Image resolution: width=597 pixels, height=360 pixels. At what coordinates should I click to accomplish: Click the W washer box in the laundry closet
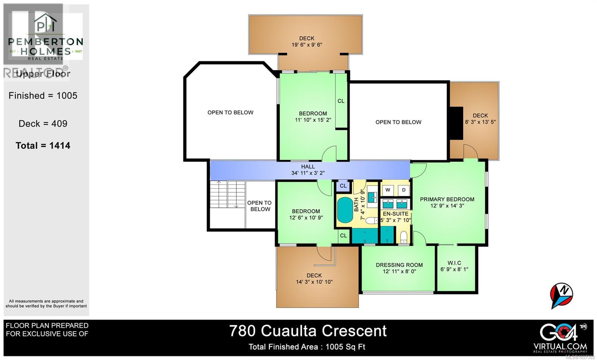point(388,190)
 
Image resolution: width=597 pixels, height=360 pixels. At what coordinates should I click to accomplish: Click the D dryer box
point(404,190)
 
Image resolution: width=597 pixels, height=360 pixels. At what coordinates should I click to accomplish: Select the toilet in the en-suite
point(403,237)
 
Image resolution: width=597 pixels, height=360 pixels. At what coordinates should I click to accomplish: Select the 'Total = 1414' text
point(43,145)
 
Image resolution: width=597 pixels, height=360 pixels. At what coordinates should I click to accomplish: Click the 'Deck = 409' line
point(43,123)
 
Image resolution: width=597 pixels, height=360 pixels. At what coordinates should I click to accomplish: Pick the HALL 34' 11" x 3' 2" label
point(308,170)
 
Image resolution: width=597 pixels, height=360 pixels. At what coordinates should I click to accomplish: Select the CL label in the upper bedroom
point(341,101)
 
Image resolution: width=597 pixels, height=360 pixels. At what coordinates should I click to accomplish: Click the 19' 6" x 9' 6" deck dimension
point(307,45)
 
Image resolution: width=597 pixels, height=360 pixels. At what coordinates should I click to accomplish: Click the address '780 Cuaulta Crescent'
point(308,331)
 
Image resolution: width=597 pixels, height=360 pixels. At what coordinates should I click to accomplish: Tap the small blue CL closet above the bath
point(343,185)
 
